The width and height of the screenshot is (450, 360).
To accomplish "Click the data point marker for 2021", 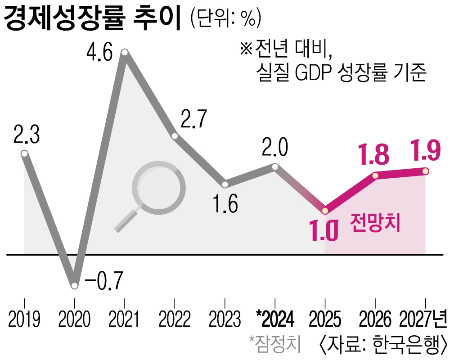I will pos(125,54).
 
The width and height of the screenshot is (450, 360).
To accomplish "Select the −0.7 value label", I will pos(103,281).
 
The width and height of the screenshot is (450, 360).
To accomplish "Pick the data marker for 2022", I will pos(175,136).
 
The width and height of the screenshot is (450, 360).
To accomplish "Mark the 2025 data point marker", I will pos(325,211).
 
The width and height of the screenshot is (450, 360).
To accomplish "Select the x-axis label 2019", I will pos(24,320).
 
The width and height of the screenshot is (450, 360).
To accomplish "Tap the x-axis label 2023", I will pos(225,320).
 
